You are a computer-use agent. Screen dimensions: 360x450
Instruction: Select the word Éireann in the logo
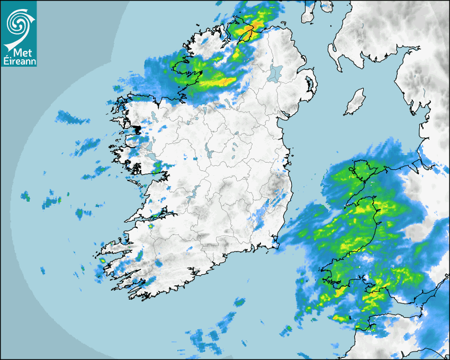click(19, 61)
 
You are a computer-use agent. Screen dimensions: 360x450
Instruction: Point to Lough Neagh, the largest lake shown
click(276, 73)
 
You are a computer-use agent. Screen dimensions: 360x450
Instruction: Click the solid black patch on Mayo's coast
click(137, 129)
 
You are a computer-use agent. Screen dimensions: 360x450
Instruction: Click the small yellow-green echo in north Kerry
click(151, 226)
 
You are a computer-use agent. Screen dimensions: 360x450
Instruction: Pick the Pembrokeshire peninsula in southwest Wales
click(331, 278)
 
